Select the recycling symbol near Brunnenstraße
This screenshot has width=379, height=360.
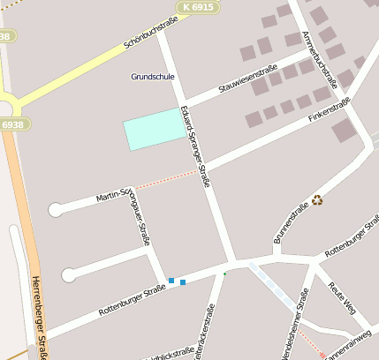[x=317, y=199]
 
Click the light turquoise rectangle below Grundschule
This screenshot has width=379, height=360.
[x=156, y=129]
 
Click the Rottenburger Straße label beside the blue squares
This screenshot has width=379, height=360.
[x=133, y=299]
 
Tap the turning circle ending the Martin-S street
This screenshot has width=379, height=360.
[x=56, y=209]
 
